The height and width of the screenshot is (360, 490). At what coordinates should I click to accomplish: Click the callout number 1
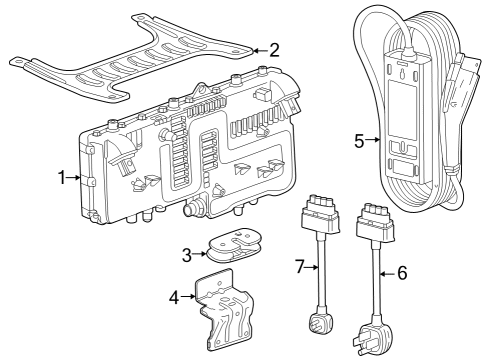pyautogui.click(x=62, y=178)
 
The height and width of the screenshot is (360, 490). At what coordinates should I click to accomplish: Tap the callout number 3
pyautogui.click(x=187, y=255)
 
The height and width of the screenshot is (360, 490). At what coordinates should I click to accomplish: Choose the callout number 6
pyautogui.click(x=402, y=273)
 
